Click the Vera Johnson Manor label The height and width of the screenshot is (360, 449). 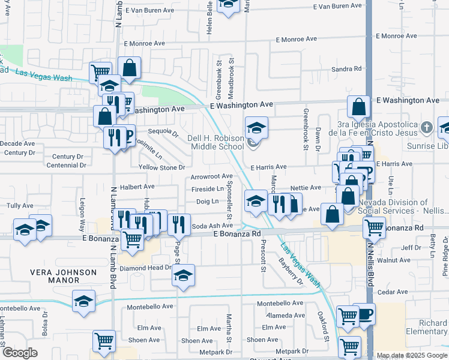[x=64, y=276]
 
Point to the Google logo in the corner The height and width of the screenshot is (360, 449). [x=20, y=352]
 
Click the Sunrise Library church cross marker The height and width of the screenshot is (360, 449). [x=426, y=127]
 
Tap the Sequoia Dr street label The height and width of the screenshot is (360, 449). [x=164, y=131]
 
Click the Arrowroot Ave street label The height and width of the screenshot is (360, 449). [x=211, y=176]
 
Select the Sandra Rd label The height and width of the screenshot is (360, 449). [x=345, y=70]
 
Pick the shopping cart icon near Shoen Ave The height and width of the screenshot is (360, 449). [x=104, y=341]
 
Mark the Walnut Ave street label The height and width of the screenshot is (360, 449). [x=397, y=260]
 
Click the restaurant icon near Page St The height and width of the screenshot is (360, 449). [x=179, y=224]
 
